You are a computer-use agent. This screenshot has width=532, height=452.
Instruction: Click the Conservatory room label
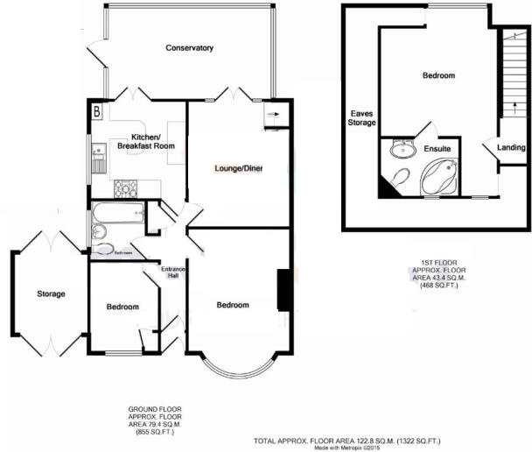pos(190,48)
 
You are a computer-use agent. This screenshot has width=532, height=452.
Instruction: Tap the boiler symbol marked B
pos(96,112)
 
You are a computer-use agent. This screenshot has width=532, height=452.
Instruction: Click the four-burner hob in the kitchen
pos(126,187)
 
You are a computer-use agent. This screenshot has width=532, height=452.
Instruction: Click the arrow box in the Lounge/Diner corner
pos(271,115)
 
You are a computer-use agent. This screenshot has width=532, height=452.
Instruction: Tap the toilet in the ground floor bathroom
pos(97,231)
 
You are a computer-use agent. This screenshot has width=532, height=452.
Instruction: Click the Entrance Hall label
pos(173,272)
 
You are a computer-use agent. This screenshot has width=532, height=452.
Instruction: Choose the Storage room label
pos(51,294)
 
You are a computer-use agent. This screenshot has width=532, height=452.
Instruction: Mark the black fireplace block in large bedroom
pos(283,290)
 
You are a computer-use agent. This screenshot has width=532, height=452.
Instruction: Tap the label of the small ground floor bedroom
pos(122,307)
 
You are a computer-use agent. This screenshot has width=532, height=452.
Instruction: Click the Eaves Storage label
pos(363,118)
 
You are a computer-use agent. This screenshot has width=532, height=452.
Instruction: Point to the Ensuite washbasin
pos(403,148)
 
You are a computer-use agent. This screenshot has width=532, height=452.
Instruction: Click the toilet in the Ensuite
pos(398,179)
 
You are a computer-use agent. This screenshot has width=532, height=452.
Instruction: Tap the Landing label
pos(511,147)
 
